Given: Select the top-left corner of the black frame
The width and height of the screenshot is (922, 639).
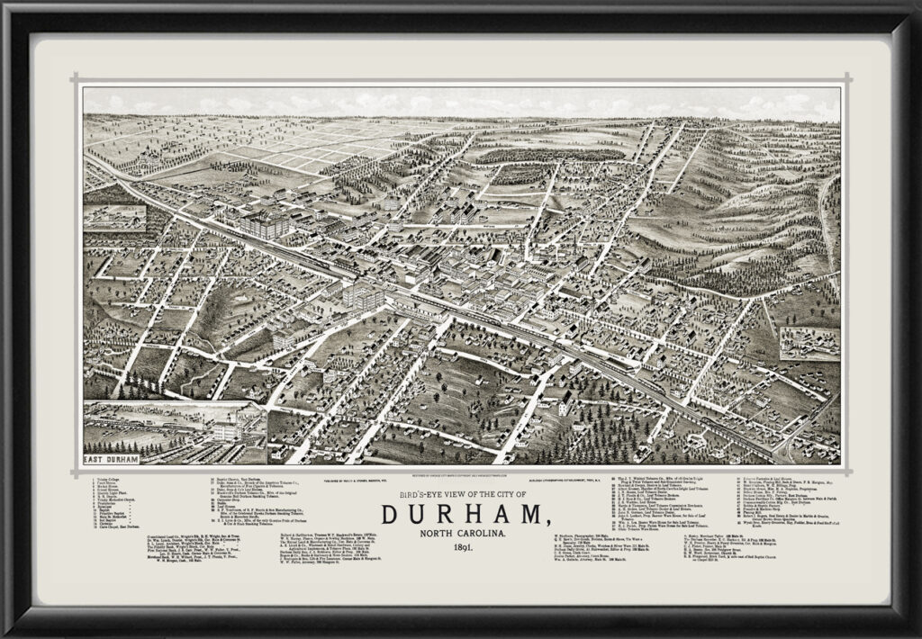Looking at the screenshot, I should click(7, 7).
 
